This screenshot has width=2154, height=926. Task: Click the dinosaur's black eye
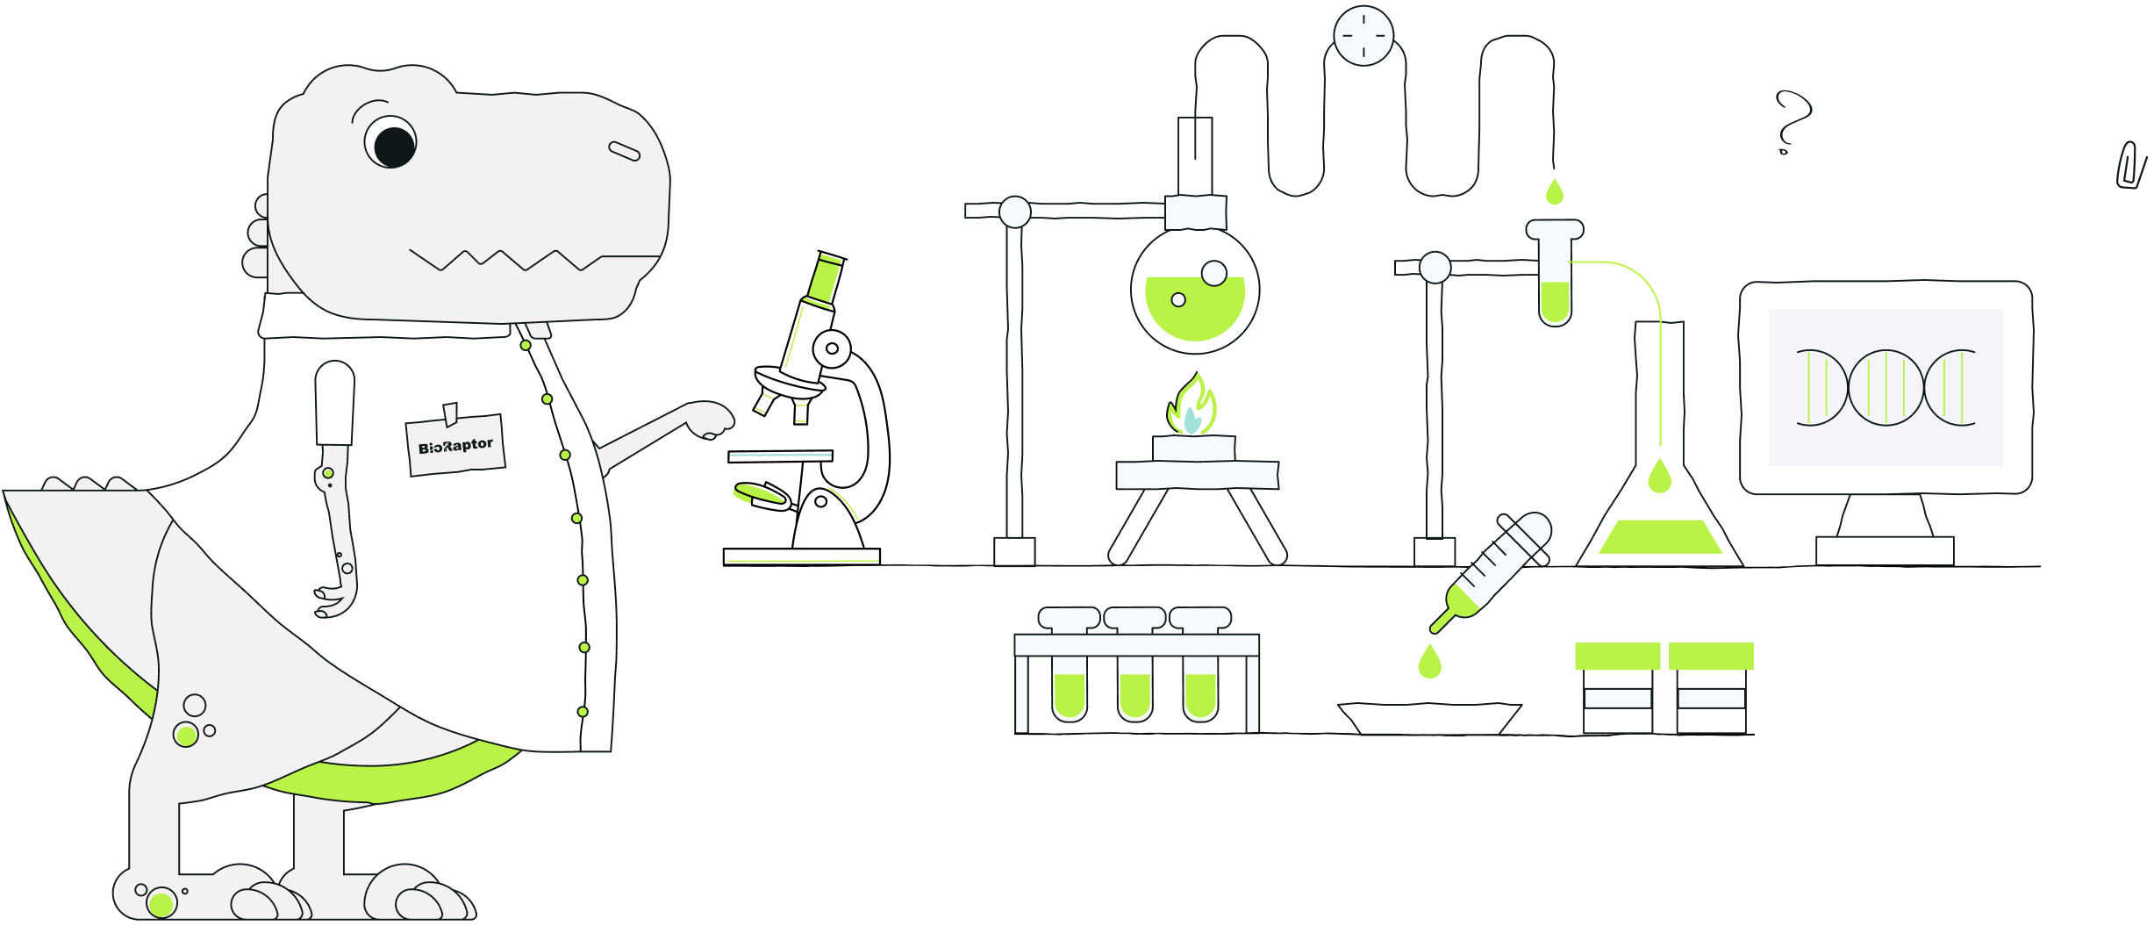394,147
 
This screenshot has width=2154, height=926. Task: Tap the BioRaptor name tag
455,445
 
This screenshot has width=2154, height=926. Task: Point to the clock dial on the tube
1363,36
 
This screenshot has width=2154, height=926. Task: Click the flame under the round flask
1191,405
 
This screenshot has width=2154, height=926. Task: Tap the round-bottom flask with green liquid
1195,290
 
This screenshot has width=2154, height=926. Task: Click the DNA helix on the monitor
1886,387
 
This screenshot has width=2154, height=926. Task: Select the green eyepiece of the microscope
826,278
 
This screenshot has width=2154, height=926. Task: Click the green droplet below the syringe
1430,662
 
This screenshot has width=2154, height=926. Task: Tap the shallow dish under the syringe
1429,718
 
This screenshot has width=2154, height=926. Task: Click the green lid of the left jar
1618,656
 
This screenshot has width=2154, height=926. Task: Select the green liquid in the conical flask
1660,536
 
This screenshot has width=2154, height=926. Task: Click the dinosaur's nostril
625,151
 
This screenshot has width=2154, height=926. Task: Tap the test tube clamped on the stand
1555,272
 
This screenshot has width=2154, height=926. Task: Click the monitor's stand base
1885,550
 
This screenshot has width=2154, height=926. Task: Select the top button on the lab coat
526,345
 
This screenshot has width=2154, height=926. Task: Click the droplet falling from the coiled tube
1555,191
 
